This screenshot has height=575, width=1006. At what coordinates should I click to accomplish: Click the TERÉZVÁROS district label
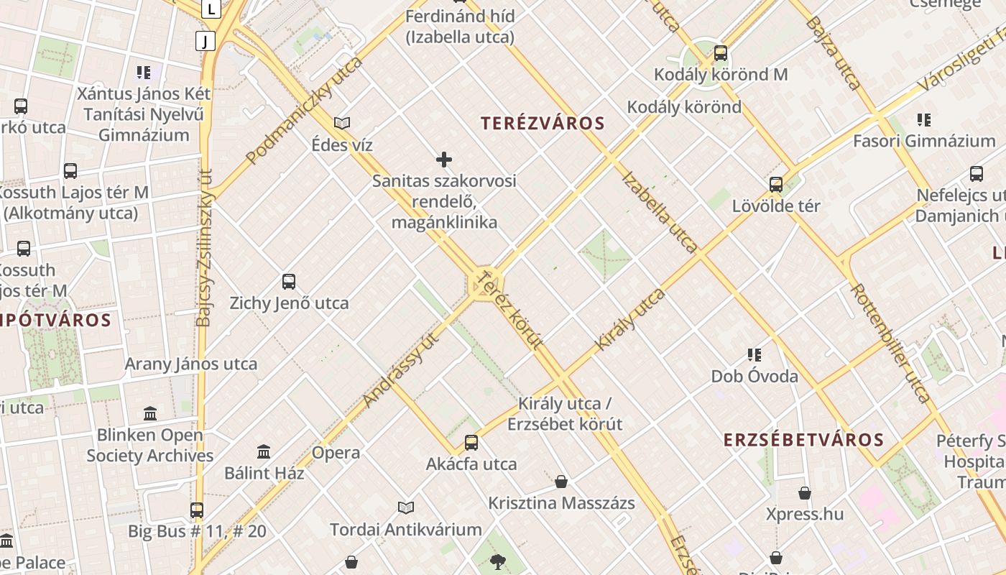pos(543,124)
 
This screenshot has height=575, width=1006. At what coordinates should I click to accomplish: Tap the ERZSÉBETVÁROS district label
pos(803,440)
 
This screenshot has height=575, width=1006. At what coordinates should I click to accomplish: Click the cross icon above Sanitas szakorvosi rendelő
pos(444,160)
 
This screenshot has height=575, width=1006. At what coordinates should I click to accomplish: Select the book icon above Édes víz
pos(342,123)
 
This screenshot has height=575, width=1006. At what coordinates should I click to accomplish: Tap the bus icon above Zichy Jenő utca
pos(289,281)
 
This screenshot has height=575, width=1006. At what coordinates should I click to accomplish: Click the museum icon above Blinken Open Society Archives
pos(150,413)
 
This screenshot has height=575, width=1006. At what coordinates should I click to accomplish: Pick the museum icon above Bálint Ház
pos(264,452)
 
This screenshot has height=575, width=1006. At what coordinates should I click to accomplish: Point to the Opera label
pos(336,453)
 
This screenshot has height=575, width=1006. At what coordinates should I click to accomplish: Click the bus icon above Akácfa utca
pos(471,442)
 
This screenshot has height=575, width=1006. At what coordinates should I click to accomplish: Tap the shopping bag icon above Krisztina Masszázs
pos(561,481)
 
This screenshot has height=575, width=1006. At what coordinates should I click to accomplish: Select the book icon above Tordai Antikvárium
pos(406,508)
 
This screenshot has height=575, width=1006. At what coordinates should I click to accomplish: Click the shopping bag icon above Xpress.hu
pos(805,493)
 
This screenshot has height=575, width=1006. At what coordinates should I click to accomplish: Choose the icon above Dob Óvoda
pos(754,354)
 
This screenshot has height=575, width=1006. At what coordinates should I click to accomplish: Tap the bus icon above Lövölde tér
pos(776,185)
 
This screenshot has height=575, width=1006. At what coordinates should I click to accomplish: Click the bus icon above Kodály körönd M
pos(721,53)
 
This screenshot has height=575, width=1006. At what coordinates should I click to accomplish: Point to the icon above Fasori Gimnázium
pos(924,119)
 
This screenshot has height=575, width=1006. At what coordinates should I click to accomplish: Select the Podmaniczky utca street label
pos(305,110)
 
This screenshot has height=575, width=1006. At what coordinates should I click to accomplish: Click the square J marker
pos(206,41)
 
